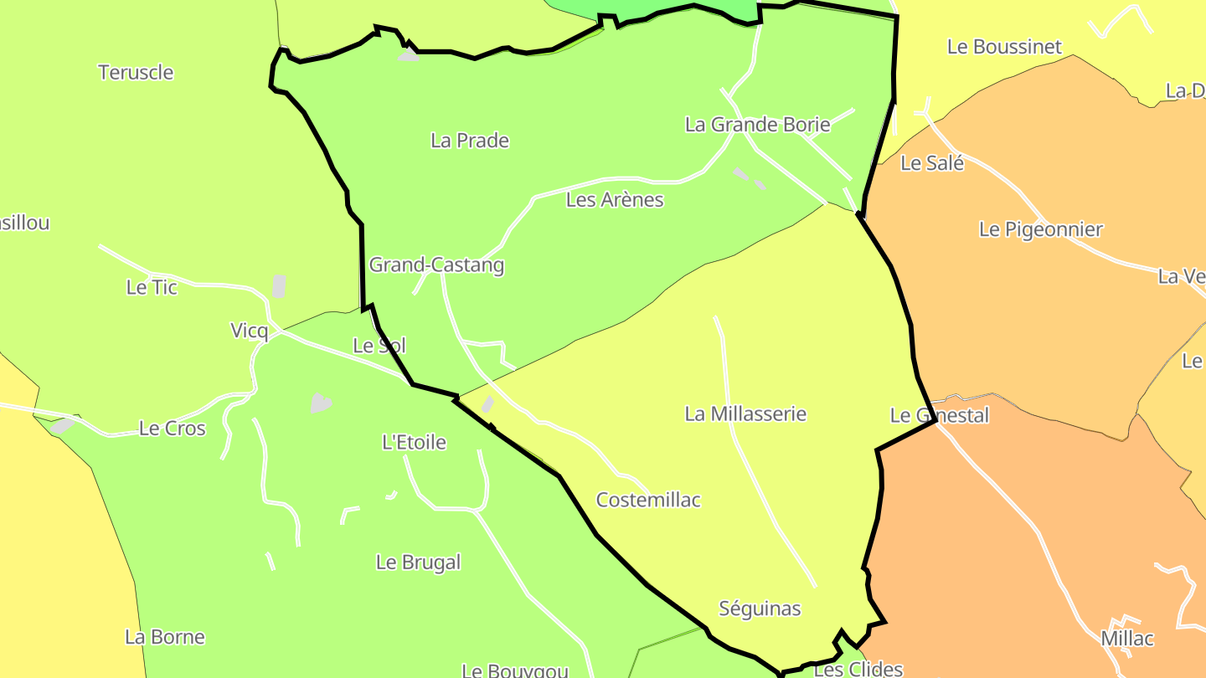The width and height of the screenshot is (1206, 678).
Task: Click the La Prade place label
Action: (470, 141)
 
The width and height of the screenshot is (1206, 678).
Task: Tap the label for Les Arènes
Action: (615, 200)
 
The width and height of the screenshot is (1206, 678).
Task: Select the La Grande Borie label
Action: (757, 125)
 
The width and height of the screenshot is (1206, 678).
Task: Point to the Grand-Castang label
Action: (436, 265)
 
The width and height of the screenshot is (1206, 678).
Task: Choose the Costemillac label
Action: (648, 500)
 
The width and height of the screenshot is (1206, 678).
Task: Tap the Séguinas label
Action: (760, 609)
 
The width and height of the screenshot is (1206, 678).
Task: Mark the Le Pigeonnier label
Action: (1040, 229)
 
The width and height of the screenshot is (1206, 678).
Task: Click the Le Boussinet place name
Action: (1004, 47)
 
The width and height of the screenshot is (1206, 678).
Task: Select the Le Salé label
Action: (932, 163)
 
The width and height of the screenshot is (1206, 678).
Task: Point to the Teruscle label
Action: (136, 73)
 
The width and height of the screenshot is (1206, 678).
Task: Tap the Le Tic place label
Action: (152, 287)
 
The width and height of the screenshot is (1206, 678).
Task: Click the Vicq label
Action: (249, 331)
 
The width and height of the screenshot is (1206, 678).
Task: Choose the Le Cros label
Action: (172, 429)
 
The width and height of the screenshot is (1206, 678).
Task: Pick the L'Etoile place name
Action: (414, 442)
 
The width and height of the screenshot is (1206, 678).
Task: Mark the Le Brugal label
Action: (418, 562)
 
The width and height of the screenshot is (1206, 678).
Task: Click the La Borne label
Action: (165, 637)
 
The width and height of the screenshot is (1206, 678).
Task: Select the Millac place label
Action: (1126, 639)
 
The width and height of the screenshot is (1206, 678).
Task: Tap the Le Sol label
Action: (379, 345)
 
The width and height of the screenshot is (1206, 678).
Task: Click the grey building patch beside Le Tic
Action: (279, 286)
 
